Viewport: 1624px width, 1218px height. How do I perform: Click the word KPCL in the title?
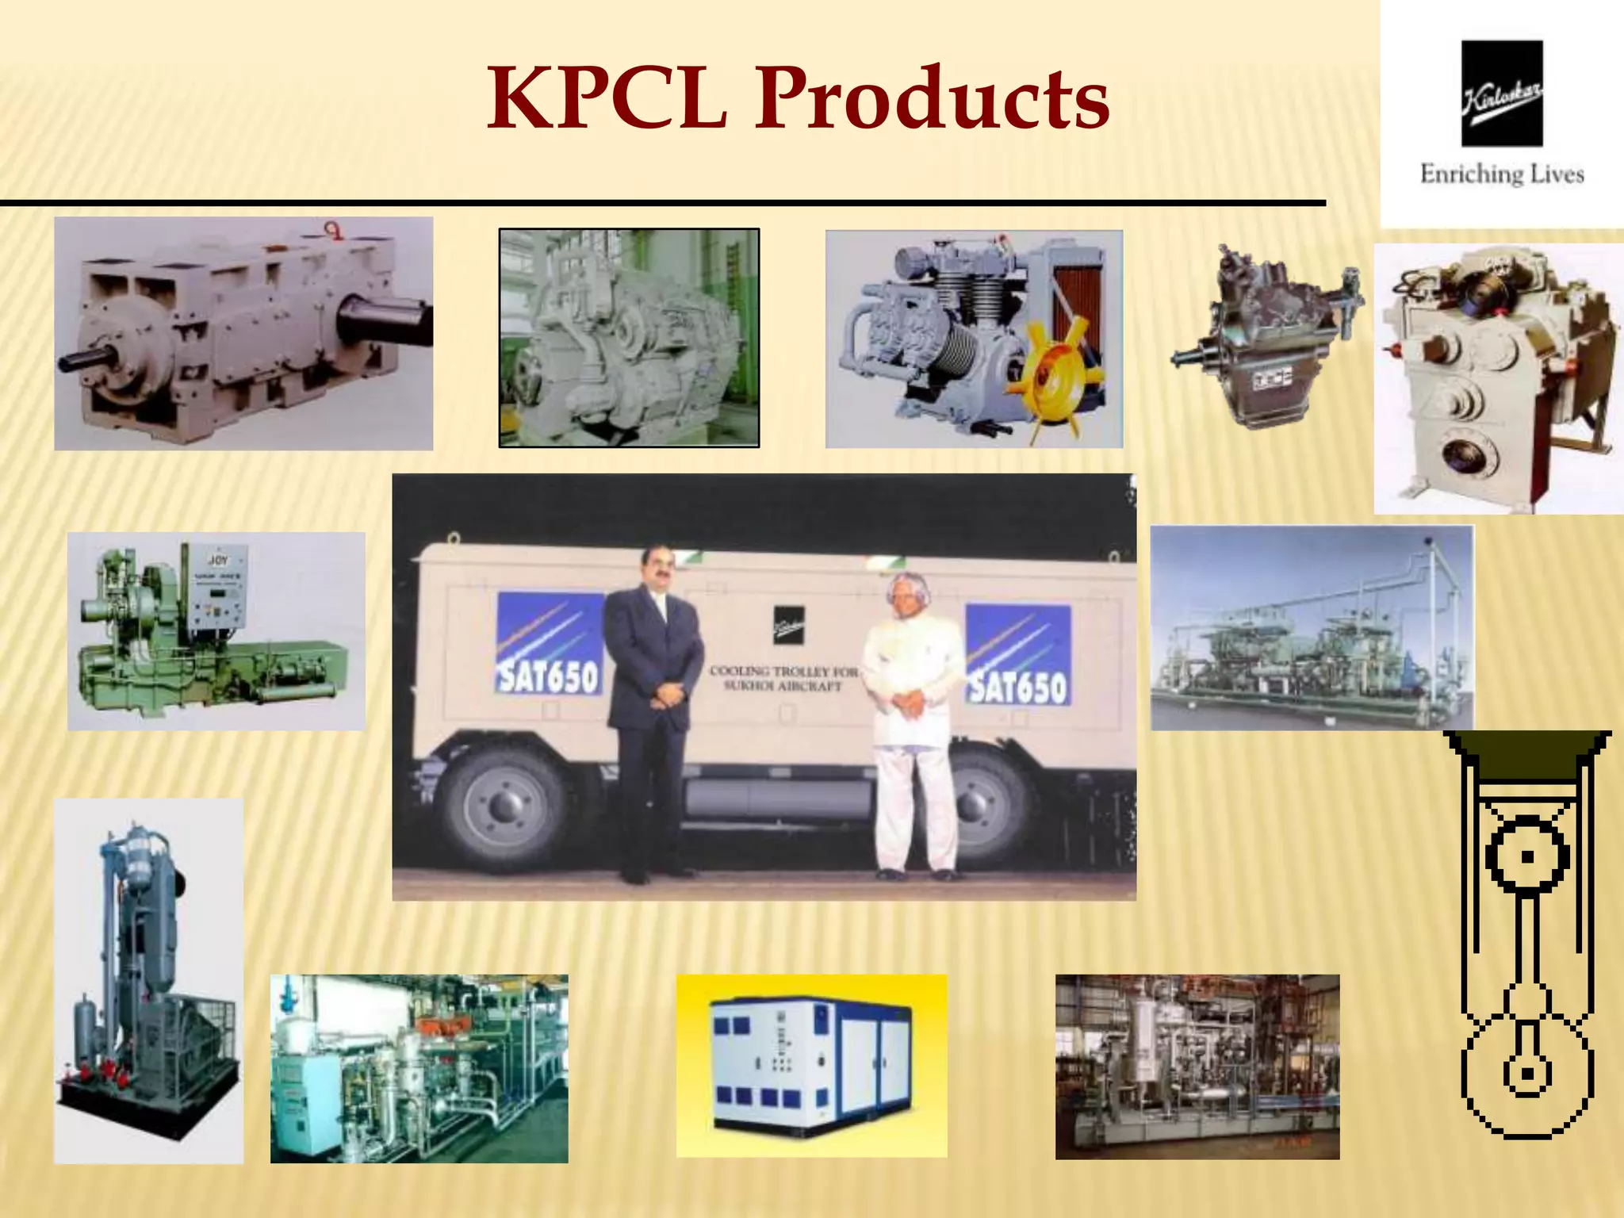click(x=607, y=98)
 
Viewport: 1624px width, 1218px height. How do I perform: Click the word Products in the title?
click(x=931, y=98)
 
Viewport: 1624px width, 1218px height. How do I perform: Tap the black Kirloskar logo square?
click(x=1502, y=93)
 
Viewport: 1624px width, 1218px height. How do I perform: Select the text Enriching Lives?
click(x=1502, y=174)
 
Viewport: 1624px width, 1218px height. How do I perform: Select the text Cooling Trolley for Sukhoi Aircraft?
click(x=782, y=679)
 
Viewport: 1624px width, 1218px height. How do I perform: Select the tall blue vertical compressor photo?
click(x=148, y=980)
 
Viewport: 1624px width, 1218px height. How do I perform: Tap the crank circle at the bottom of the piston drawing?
click(x=1526, y=1075)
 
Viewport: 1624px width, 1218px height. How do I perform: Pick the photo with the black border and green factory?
click(x=629, y=338)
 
